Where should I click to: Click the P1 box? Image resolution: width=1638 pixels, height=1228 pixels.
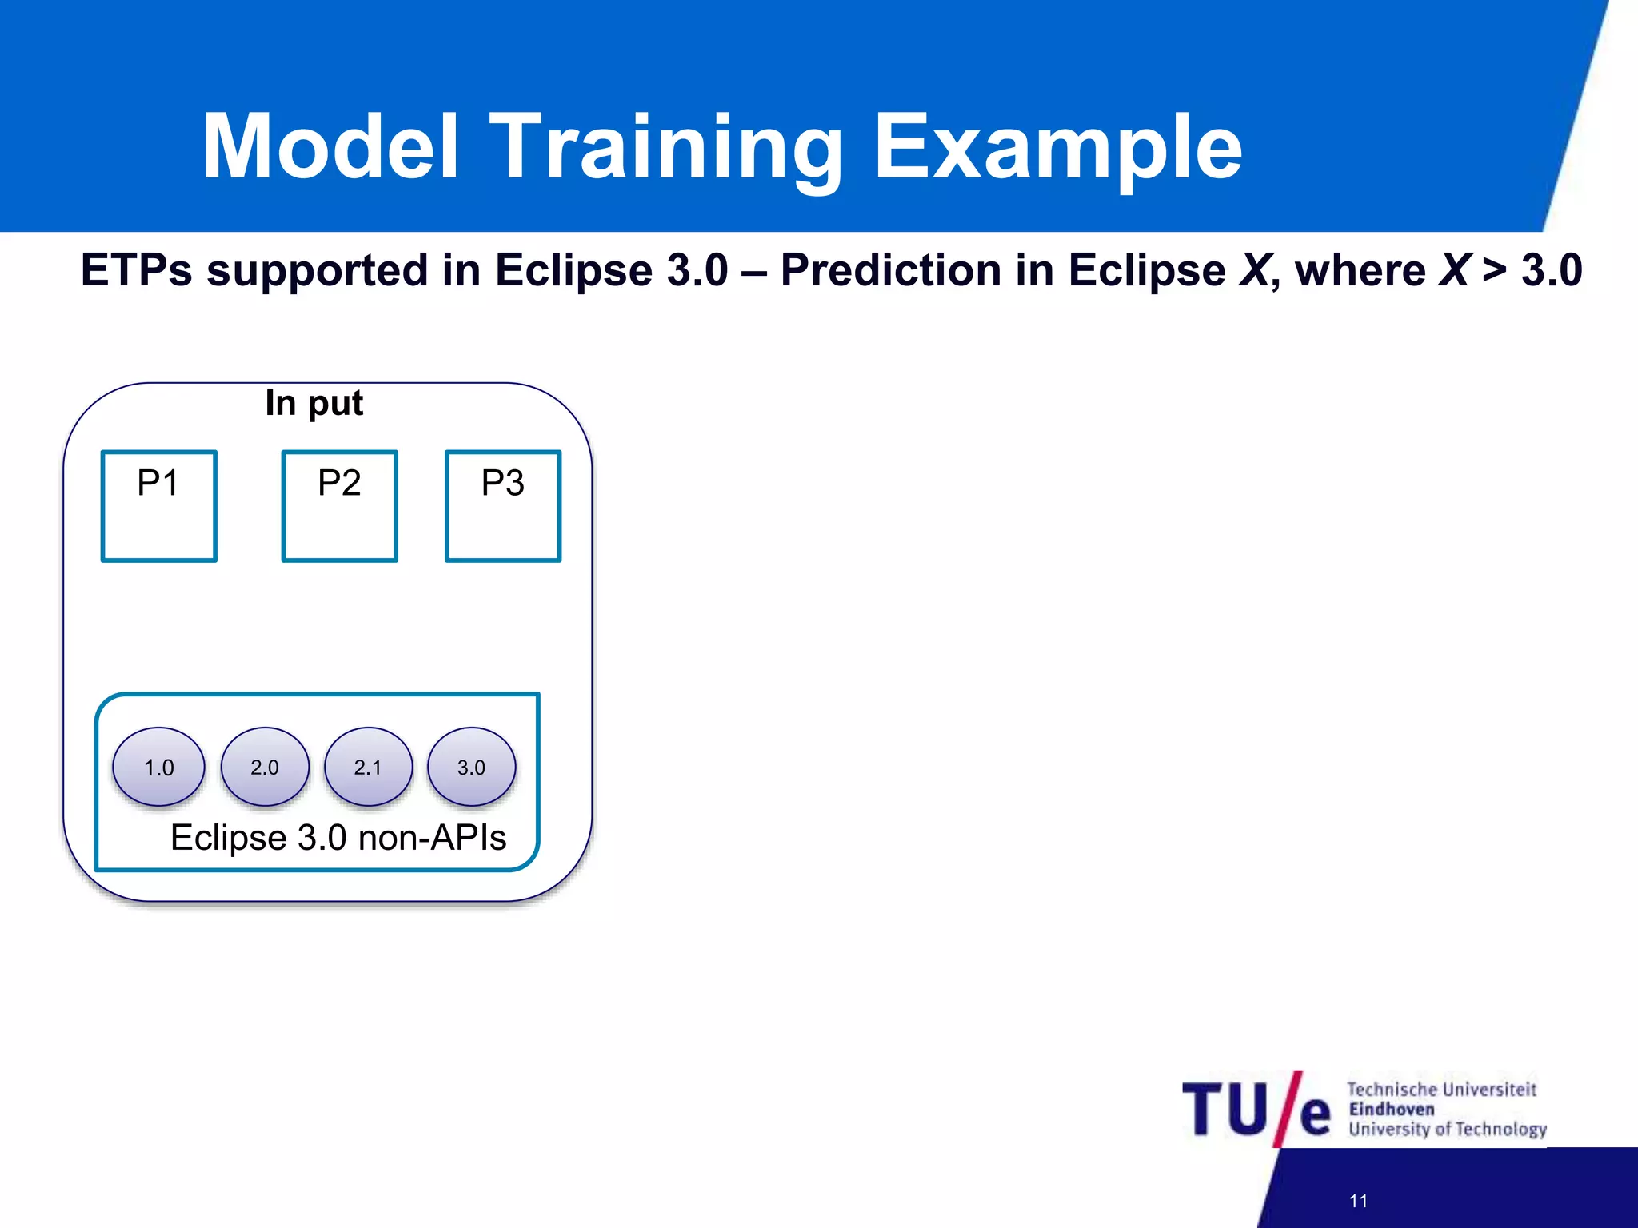158,506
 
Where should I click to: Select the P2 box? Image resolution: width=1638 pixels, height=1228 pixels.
339,506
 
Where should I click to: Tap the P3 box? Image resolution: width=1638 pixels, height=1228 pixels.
503,506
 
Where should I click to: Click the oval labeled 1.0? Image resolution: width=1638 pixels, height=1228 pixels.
158,767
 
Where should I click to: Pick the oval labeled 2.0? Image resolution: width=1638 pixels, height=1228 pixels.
265,767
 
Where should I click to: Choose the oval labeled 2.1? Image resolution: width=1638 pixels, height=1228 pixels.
368,767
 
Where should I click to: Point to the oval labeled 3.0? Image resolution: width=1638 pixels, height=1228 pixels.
471,767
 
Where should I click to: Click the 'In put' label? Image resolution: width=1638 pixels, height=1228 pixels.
314,403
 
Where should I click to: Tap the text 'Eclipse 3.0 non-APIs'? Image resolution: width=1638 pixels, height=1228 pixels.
338,838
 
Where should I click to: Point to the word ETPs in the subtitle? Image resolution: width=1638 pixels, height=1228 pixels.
136,270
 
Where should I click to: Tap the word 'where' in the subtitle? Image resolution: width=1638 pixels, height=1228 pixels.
1360,270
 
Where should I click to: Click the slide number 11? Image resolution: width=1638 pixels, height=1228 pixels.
1358,1201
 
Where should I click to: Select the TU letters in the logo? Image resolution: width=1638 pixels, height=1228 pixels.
1225,1110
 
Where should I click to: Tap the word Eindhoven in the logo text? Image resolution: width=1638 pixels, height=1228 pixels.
1392,1110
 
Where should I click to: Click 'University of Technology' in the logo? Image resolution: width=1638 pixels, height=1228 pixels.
1448,1130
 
